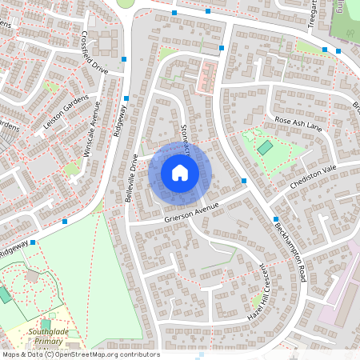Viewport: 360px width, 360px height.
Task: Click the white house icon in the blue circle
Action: pos(180,172)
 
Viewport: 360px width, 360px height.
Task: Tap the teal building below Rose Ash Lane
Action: pos(264,148)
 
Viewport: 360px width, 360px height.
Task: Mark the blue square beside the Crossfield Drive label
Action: pos(124,59)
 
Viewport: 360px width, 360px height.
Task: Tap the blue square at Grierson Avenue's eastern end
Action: pos(243,182)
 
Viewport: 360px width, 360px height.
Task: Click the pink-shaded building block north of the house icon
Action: pos(206,78)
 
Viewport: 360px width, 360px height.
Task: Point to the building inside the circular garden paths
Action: pos(33,276)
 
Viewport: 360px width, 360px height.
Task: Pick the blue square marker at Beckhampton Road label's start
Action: pos(275,218)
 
